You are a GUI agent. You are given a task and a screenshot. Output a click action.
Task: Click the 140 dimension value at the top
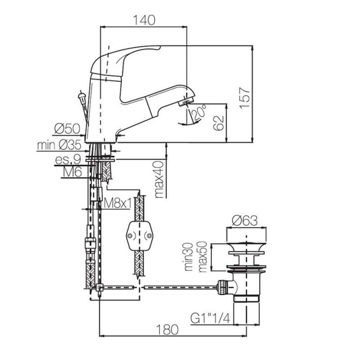coord(144,21)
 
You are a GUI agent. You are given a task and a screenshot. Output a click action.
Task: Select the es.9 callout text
coord(68,159)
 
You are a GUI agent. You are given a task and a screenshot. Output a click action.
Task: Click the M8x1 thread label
coord(117,203)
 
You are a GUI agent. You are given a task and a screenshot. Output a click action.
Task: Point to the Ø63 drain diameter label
coord(245,221)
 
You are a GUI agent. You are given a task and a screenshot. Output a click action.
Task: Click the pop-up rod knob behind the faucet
coord(82,95)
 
